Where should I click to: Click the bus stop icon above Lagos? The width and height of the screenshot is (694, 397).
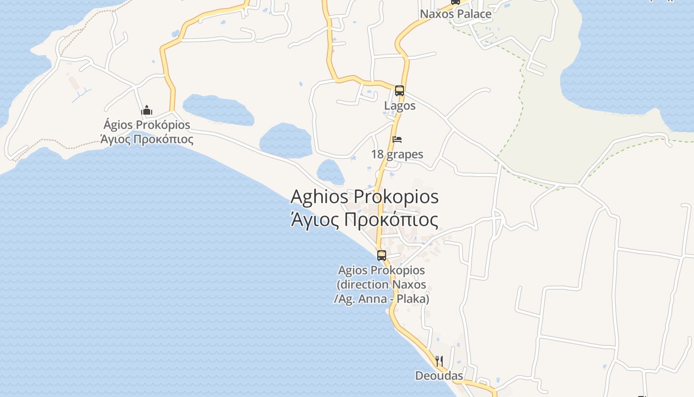[x=399, y=91]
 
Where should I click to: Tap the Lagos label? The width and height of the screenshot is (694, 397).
[x=400, y=106]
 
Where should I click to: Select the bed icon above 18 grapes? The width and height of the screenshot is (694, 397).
[x=397, y=139]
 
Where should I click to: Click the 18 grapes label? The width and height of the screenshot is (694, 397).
[x=397, y=154]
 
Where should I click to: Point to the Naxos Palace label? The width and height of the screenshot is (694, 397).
[x=456, y=14]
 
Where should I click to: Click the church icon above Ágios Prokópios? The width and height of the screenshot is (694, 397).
[x=147, y=110]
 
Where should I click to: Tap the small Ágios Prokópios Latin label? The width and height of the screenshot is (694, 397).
[x=147, y=125]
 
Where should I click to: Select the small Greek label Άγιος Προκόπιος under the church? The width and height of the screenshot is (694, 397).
[x=147, y=139]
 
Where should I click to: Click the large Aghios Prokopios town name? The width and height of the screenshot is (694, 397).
[x=364, y=197]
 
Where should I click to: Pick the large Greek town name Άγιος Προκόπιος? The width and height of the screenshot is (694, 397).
[x=364, y=219]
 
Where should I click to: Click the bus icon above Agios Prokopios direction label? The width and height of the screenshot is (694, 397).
[x=382, y=256]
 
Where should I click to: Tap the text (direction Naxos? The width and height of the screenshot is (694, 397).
[x=381, y=285]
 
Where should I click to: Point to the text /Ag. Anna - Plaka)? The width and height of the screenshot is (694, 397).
[x=381, y=299]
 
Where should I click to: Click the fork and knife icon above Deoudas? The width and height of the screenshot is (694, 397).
[x=439, y=361]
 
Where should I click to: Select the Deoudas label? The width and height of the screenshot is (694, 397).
[x=439, y=376]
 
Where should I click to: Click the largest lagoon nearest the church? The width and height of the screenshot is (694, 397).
[x=218, y=109]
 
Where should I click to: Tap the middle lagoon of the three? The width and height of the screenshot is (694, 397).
[x=287, y=141]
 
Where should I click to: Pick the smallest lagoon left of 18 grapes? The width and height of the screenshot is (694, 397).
[x=330, y=172]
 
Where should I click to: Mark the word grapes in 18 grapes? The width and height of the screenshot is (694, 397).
[x=405, y=154]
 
